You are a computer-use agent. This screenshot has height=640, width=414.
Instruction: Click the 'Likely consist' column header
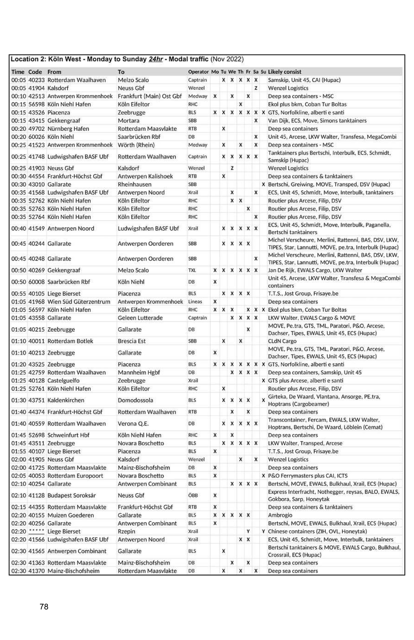(x=284, y=72)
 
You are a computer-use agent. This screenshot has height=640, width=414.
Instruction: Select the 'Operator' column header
(x=198, y=72)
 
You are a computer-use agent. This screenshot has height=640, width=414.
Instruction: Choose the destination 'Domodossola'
(x=135, y=400)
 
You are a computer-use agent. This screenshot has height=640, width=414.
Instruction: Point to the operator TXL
(x=192, y=270)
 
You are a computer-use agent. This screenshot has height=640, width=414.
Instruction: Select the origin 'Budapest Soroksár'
(x=72, y=495)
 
